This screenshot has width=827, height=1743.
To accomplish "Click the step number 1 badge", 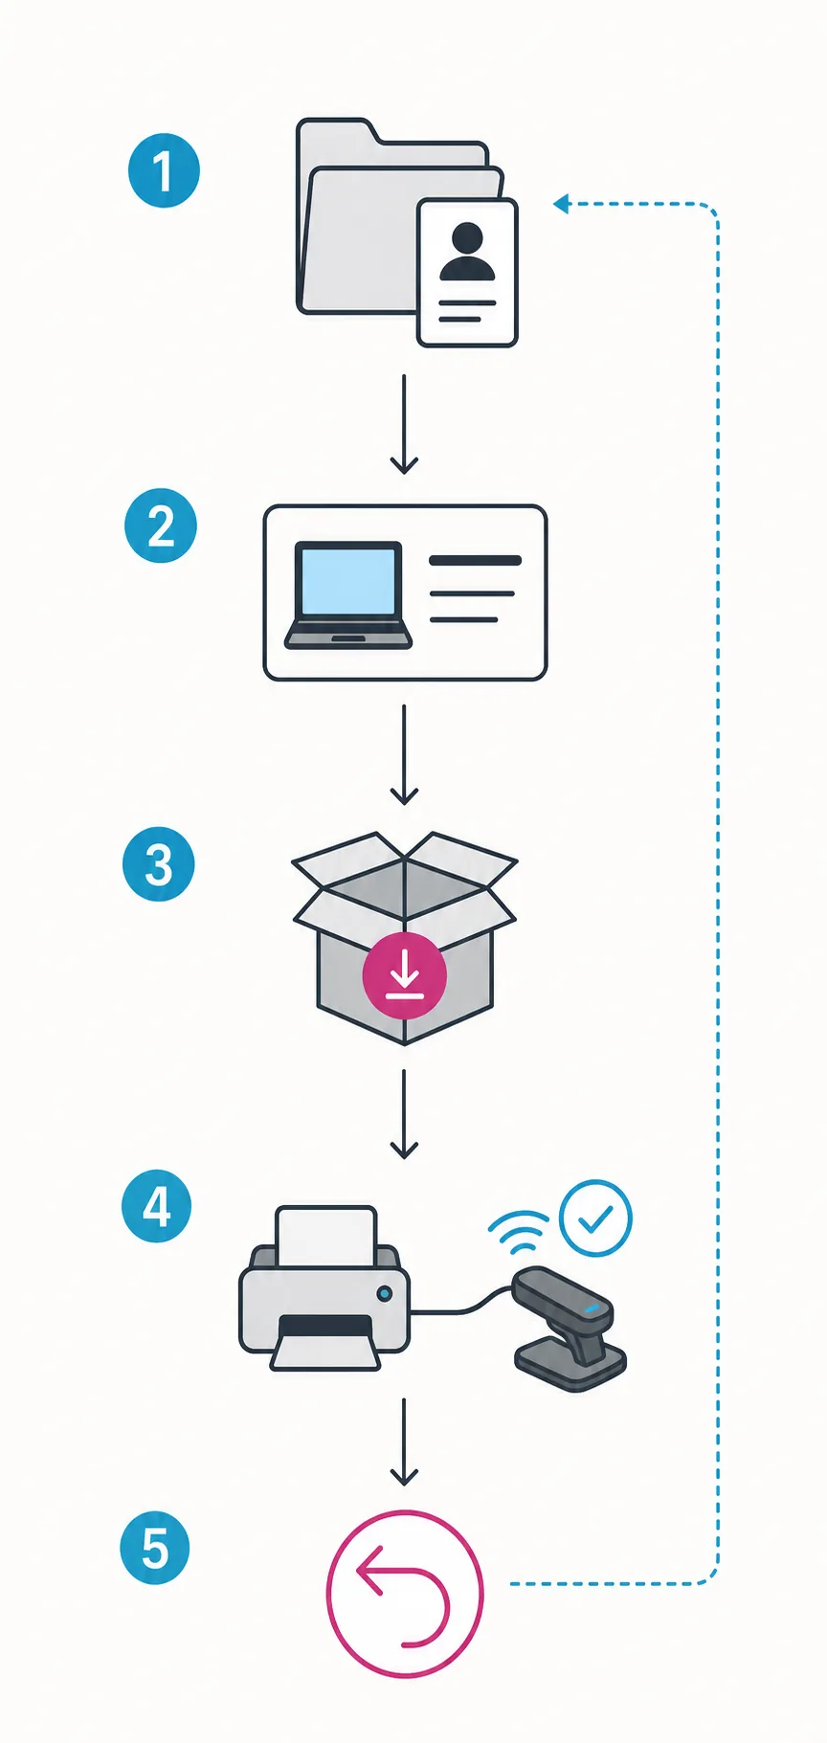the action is [x=164, y=170].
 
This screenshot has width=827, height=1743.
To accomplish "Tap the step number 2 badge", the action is [x=161, y=525].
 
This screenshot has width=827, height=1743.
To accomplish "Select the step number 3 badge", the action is [x=159, y=864].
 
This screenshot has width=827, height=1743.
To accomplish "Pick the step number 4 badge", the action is [x=157, y=1206].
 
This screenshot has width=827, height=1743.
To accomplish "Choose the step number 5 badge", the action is [x=155, y=1548].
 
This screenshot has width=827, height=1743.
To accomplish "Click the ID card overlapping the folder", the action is [x=467, y=273].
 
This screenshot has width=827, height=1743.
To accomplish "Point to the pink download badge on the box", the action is [x=404, y=975].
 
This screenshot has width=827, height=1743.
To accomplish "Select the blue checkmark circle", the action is [x=595, y=1218].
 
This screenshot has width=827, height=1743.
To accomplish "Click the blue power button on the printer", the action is [x=385, y=1294].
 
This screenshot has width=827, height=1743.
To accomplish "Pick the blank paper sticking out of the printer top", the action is [x=325, y=1236].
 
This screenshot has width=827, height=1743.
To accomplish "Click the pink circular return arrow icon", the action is [x=405, y=1594].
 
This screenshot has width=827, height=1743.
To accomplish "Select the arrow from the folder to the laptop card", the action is [x=404, y=424].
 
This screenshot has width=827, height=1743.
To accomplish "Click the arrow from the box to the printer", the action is [x=404, y=1114].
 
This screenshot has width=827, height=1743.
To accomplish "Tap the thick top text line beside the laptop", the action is [x=476, y=561].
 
